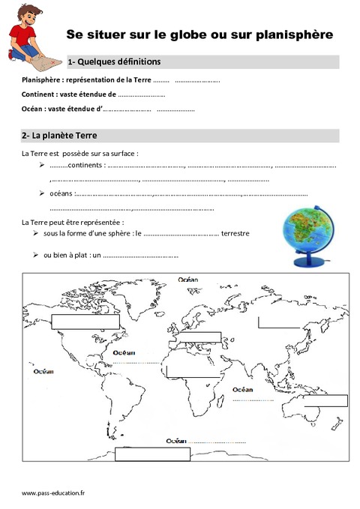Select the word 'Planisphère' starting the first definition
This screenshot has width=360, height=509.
pyautogui.click(x=43, y=79)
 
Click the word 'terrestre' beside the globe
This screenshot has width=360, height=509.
pyautogui.click(x=235, y=233)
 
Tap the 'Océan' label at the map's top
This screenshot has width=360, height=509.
pyautogui.click(x=187, y=280)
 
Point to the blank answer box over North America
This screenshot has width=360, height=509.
pyautogui.click(x=85, y=322)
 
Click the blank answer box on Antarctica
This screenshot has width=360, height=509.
pyautogui.click(x=152, y=453)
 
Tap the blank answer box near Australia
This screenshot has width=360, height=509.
pyautogui.click(x=325, y=400)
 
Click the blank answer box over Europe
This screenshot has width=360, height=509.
pyautogui.click(x=199, y=337)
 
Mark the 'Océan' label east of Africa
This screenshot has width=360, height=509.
pyautogui.click(x=242, y=390)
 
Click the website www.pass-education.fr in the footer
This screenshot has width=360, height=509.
pyautogui.click(x=53, y=493)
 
